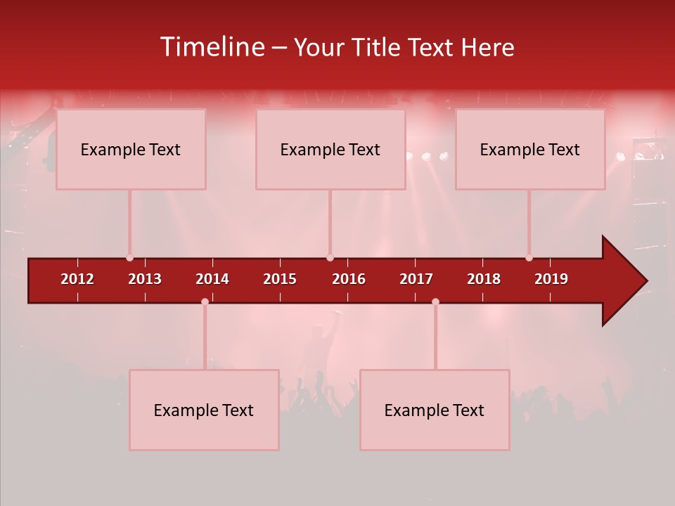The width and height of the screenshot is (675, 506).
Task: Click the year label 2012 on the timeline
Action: click(x=77, y=279)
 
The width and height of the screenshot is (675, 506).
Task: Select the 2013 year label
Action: click(x=145, y=279)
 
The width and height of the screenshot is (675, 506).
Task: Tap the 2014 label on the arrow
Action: click(x=212, y=279)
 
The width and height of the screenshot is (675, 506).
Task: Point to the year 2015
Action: click(x=280, y=279)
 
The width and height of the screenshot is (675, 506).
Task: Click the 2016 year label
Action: click(x=349, y=279)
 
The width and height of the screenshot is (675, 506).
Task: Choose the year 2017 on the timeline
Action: click(x=416, y=279)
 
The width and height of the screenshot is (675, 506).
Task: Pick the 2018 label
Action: click(x=484, y=279)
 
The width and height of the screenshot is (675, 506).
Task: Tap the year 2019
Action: click(x=551, y=279)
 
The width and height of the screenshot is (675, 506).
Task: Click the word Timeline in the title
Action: click(x=211, y=47)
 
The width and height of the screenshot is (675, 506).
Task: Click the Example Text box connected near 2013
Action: click(x=131, y=149)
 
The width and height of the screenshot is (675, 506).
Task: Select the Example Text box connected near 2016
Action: click(x=330, y=149)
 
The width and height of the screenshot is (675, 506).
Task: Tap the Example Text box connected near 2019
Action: click(x=530, y=149)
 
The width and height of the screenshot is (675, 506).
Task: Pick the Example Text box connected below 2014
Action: click(x=204, y=410)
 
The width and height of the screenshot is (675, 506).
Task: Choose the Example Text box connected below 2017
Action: click(x=435, y=410)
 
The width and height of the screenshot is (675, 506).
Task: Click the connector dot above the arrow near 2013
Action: click(x=129, y=258)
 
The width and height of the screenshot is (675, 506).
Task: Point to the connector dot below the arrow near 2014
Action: click(x=205, y=301)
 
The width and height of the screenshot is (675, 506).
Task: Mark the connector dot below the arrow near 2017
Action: click(x=435, y=301)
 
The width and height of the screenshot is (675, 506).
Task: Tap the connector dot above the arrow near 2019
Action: click(x=529, y=258)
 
